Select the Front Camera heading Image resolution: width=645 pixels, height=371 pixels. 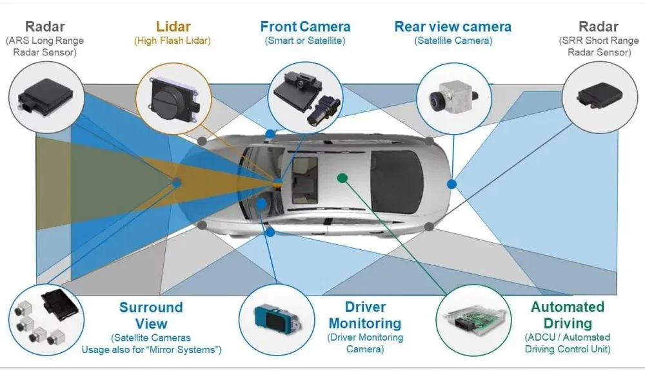[x=305, y=27]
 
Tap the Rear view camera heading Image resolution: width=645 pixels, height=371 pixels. [x=453, y=27]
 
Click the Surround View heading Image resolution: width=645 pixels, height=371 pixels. [x=151, y=316]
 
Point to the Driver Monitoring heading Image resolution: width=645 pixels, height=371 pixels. [x=365, y=315]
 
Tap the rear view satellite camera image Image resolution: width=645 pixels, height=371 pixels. [x=451, y=95]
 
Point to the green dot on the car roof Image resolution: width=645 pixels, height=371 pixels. [x=342, y=177]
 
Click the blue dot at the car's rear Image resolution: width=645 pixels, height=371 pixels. [x=452, y=184]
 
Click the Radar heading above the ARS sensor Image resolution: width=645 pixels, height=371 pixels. [x=45, y=27]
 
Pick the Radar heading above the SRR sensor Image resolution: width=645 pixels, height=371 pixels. [x=599, y=27]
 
